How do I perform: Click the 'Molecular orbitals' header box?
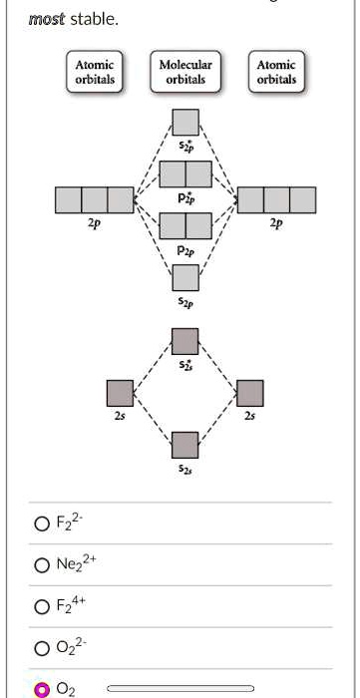pyautogui.click(x=185, y=72)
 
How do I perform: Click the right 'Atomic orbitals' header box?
pyautogui.click(x=276, y=72)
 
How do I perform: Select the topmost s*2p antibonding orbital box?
pyautogui.click(x=185, y=123)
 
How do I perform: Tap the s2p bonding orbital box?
pyautogui.click(x=185, y=277)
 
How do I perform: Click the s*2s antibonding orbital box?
pyautogui.click(x=185, y=341)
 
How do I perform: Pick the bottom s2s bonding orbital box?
pyautogui.click(x=185, y=445)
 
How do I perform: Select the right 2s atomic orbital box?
pyautogui.click(x=250, y=393)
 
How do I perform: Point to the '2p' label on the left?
pyautogui.click(x=94, y=224)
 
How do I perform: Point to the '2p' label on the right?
pyautogui.click(x=276, y=224)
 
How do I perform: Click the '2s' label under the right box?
pyautogui.click(x=250, y=418)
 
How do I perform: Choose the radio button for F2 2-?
pyautogui.click(x=41, y=523)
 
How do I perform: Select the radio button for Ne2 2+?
pyautogui.click(x=41, y=566)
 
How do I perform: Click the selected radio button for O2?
pyautogui.click(x=41, y=688)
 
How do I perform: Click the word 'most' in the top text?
pyautogui.click(x=46, y=18)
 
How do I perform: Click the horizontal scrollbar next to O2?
pyautogui.click(x=180, y=688)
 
